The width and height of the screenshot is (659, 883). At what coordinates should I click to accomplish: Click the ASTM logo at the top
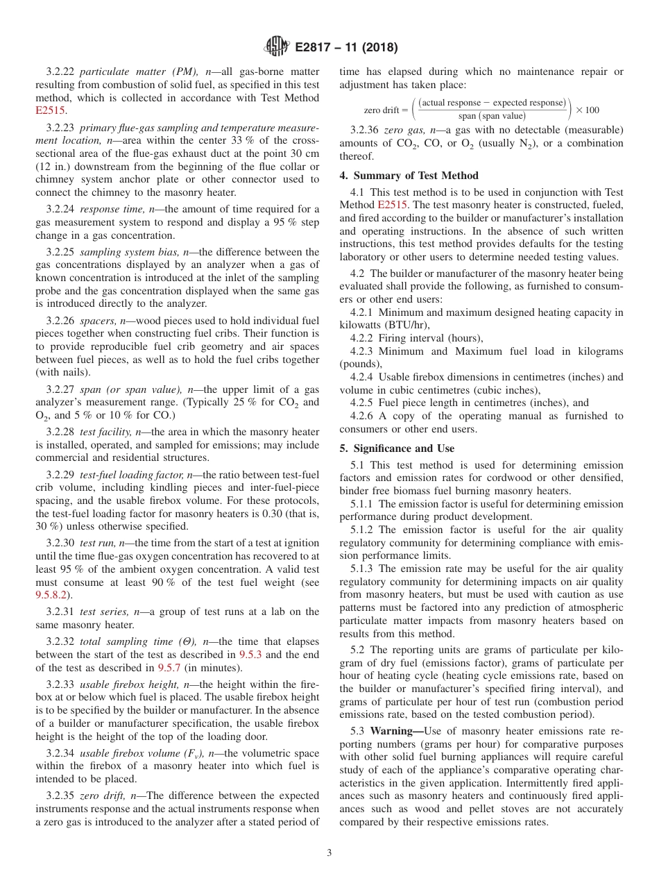pyautogui.click(x=276, y=47)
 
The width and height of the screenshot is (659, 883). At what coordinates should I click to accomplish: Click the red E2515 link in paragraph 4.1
pyautogui.click(x=393, y=205)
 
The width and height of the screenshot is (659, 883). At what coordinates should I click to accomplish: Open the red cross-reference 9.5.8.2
pyautogui.click(x=53, y=595)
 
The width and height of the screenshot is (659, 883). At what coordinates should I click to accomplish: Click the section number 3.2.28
pyautogui.click(x=60, y=431)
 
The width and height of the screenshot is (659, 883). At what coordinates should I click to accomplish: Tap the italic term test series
pyautogui.click(x=105, y=612)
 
